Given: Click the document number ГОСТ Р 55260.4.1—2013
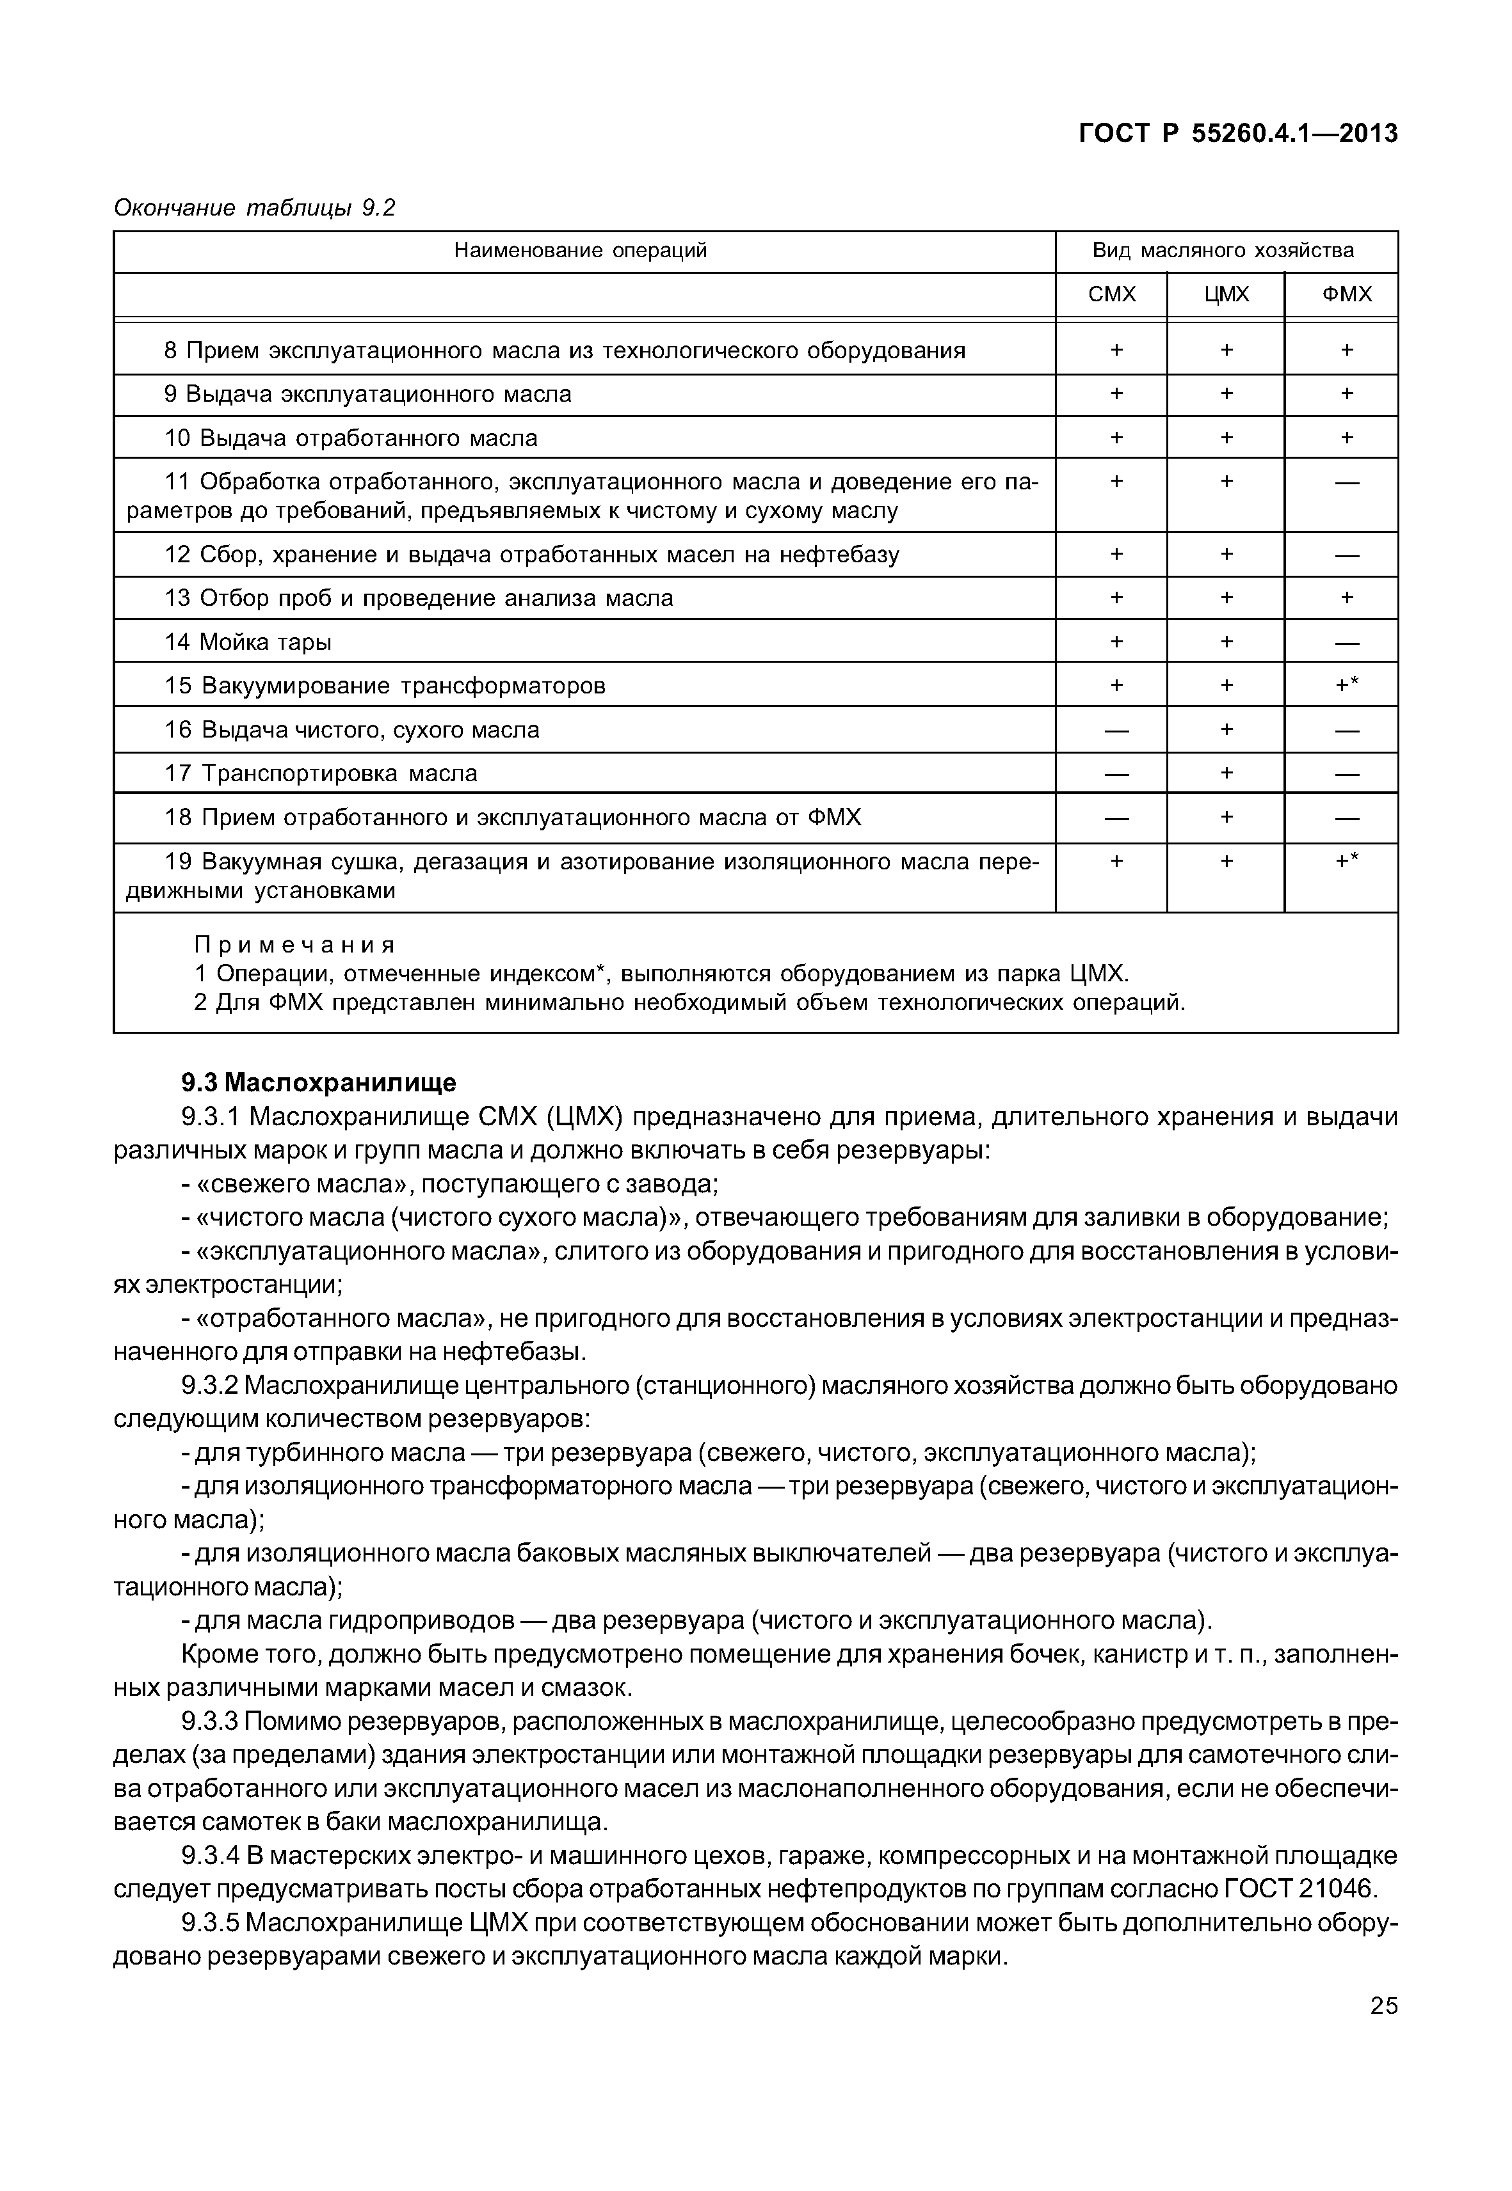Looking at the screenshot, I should pos(1238,134).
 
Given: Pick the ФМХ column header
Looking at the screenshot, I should pos(1346,294).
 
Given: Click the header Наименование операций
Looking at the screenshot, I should pos(580,251).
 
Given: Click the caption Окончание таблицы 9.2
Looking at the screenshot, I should pos(254,209).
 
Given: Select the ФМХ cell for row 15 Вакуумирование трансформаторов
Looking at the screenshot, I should pos(1346,684).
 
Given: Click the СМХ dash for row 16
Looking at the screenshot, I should pos(1116,730).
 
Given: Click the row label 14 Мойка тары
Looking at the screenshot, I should pos(248,643).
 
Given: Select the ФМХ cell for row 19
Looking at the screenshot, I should pos(1346,860).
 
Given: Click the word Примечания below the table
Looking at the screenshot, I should pos(294,945).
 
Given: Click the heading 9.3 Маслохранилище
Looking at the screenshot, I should pos(318,1082).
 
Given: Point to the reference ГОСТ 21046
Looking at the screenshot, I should pos(1298,1889).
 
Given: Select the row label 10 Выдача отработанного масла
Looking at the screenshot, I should pos(351,438).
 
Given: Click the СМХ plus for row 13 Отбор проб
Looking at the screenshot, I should pos(1116,597).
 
